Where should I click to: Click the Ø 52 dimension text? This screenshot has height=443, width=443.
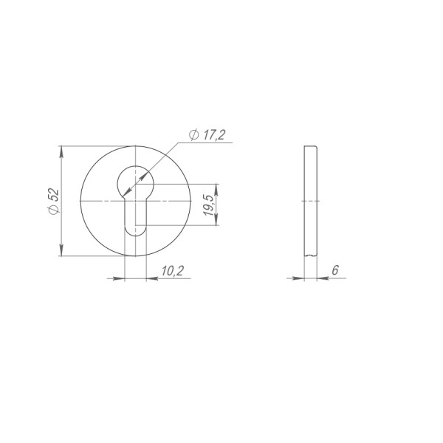(x=52, y=201)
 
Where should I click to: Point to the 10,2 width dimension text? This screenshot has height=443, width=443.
(x=171, y=271)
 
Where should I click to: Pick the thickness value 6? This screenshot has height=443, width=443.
(x=334, y=271)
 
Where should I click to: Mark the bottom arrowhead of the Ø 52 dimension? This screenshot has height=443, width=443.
(x=63, y=253)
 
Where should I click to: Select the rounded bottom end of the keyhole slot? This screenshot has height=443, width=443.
(x=135, y=231)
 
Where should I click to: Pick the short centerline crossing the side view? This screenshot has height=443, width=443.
(x=310, y=201)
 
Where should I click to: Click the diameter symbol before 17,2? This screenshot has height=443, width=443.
(x=193, y=134)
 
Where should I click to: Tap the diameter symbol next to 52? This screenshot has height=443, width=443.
(x=52, y=210)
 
